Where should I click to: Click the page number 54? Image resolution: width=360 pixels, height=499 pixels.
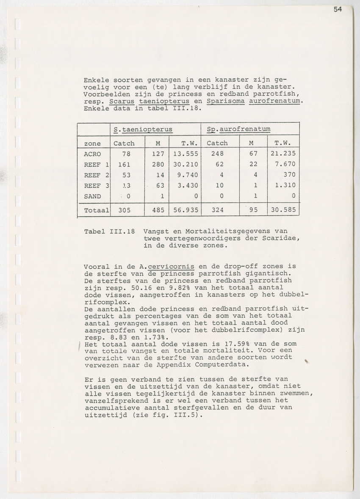point(337,9)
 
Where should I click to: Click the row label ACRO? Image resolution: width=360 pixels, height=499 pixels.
point(92,154)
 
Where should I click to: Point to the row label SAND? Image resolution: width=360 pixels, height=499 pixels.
point(92,196)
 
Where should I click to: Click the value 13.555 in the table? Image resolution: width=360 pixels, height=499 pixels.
point(183,154)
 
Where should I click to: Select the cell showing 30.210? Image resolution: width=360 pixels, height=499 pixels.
point(183,164)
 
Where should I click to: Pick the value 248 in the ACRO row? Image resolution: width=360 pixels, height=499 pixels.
point(217,154)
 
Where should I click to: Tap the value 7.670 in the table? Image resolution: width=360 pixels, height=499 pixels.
point(284,164)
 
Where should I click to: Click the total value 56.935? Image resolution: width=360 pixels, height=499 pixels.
point(183,210)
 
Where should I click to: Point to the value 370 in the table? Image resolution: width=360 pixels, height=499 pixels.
point(289,175)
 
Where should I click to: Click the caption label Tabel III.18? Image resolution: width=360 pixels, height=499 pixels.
point(109,231)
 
